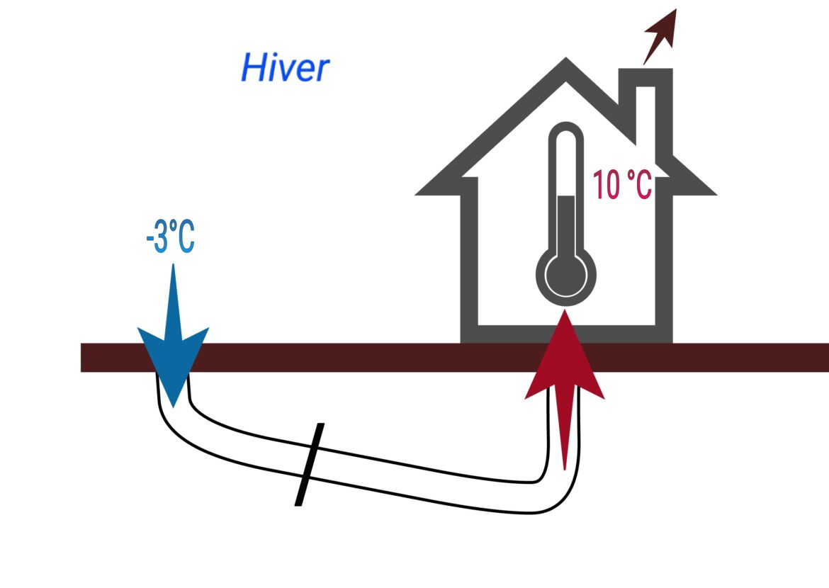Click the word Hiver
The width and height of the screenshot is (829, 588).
pos(285,69)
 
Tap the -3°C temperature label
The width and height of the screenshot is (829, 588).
pos(170,239)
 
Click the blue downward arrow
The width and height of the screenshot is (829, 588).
pos(173,333)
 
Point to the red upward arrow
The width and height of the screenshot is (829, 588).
pos(565,383)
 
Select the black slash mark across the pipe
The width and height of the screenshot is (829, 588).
pos(310,465)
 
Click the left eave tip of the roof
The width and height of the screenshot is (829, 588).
pos(418,193)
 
